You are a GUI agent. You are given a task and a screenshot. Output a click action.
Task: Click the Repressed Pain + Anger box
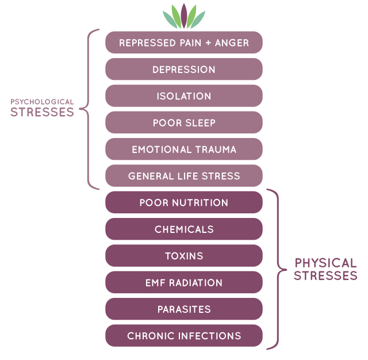coord(184,43)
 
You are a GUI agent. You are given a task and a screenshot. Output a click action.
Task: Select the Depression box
coord(184,69)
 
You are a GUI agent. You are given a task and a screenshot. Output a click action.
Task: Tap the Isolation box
coord(184,95)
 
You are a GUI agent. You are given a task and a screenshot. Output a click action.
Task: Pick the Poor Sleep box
coord(184,122)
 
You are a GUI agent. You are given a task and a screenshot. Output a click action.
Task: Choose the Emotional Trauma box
coord(184,149)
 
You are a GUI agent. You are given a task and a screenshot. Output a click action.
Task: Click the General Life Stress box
coord(184,176)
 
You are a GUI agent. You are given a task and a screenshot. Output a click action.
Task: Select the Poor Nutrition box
coord(184,202)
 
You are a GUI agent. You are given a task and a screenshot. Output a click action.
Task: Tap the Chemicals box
coord(184,229)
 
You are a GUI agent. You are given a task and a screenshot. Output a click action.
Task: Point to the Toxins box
coord(184,255)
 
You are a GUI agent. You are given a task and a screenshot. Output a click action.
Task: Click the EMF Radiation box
coord(184,282)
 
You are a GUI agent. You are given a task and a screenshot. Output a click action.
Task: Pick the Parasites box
coord(184,309)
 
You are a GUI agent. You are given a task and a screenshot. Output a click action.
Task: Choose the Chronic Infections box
coord(184,336)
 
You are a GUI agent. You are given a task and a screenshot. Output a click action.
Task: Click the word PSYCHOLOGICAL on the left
coord(42,102)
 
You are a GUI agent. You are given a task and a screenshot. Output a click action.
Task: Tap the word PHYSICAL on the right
coord(325,263)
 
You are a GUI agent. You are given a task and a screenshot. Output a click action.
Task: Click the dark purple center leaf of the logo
coord(184,16)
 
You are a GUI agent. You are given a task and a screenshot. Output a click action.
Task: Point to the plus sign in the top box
coord(208,43)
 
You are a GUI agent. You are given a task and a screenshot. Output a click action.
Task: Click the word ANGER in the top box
coord(232,43)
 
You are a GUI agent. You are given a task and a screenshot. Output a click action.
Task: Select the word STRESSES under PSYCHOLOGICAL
coord(42,112)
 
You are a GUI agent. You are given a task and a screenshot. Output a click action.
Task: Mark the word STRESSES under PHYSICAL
coord(325,275)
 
